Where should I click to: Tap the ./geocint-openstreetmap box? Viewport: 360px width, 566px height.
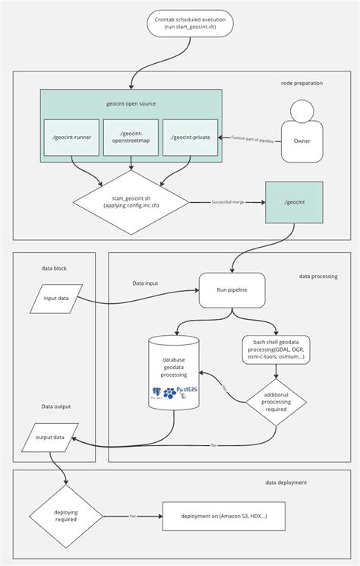131,137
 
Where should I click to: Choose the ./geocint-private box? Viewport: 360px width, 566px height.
190,137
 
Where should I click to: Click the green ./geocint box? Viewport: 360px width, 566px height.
293,202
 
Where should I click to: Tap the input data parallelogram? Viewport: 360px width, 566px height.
55,298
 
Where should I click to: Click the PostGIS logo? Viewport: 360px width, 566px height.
185,391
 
